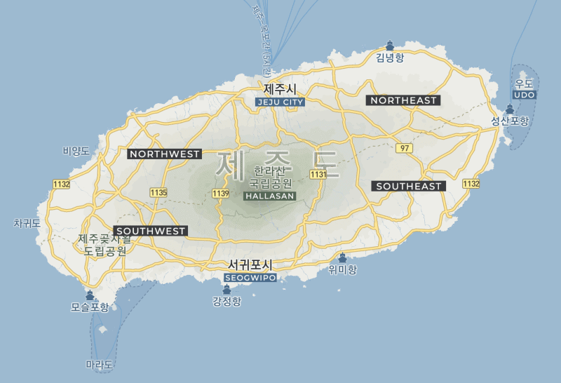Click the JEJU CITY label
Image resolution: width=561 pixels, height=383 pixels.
[x=280, y=102]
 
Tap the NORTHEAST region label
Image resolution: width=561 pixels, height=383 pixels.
[x=403, y=100]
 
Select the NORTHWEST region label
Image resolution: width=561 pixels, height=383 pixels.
[x=165, y=154]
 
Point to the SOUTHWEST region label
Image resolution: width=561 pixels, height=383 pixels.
[x=151, y=231]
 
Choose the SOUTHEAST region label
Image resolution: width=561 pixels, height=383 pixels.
[x=409, y=186]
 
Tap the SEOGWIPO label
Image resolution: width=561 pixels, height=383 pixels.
[x=250, y=278]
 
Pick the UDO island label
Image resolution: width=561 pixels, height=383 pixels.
[x=525, y=95]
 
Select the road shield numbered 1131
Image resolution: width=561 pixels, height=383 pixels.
[x=318, y=174]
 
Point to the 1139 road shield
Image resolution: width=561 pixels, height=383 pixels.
[x=221, y=193]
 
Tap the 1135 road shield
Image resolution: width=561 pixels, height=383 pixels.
[x=158, y=191]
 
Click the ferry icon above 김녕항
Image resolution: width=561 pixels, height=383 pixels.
[x=390, y=45]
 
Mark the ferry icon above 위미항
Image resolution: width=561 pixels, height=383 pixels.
[x=342, y=257]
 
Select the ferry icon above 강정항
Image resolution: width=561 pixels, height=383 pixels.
[x=227, y=289]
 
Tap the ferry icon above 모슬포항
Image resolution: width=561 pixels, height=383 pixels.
[x=90, y=295]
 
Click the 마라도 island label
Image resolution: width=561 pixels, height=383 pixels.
[x=99, y=365]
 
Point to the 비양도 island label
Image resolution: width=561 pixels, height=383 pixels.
[x=76, y=151]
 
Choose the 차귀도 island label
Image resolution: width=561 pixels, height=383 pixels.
[x=27, y=223]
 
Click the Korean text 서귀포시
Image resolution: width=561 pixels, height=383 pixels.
[x=250, y=265]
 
